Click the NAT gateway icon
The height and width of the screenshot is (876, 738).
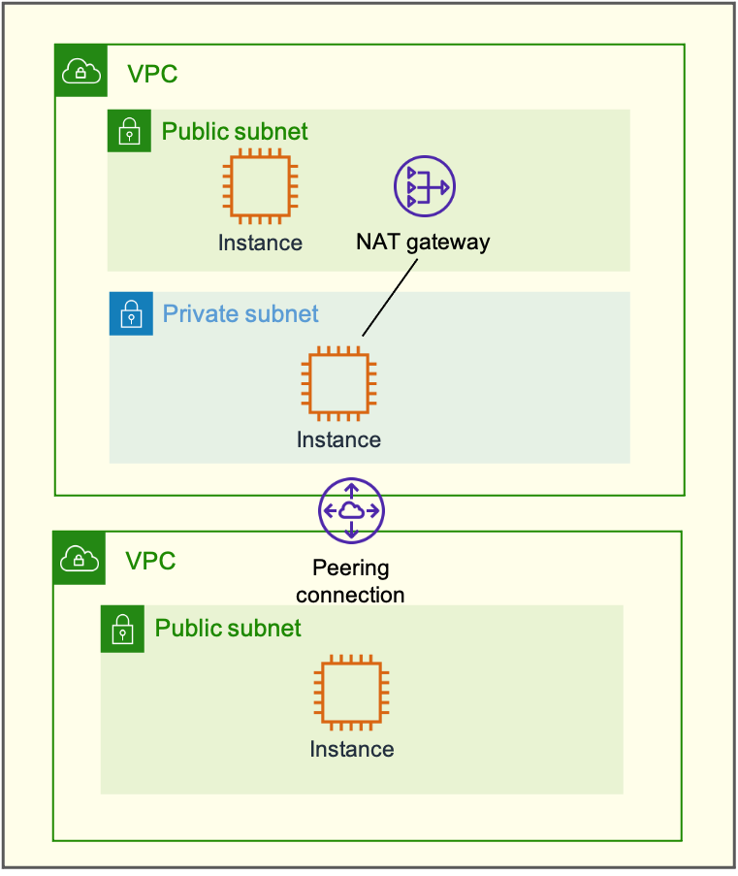(x=424, y=186)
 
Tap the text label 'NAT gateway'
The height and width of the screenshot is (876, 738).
(x=423, y=242)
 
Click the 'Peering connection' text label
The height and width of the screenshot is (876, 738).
(x=350, y=581)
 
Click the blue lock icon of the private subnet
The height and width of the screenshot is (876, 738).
(x=131, y=314)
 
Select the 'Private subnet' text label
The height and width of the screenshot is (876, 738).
(x=241, y=314)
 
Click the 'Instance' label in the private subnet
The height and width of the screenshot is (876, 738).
(x=338, y=439)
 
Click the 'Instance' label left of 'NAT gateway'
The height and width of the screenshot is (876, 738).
(x=260, y=243)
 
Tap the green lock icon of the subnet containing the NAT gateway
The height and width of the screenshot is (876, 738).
(x=129, y=131)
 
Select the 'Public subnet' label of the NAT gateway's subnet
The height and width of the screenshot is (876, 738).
(x=235, y=131)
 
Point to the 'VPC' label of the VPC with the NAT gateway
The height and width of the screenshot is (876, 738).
(x=152, y=74)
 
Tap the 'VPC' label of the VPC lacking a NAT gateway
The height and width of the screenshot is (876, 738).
(x=150, y=560)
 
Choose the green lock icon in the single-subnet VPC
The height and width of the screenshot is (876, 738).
(x=122, y=630)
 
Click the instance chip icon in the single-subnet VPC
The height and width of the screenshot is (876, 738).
(x=351, y=694)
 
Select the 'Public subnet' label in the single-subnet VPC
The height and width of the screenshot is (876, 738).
(x=228, y=628)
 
